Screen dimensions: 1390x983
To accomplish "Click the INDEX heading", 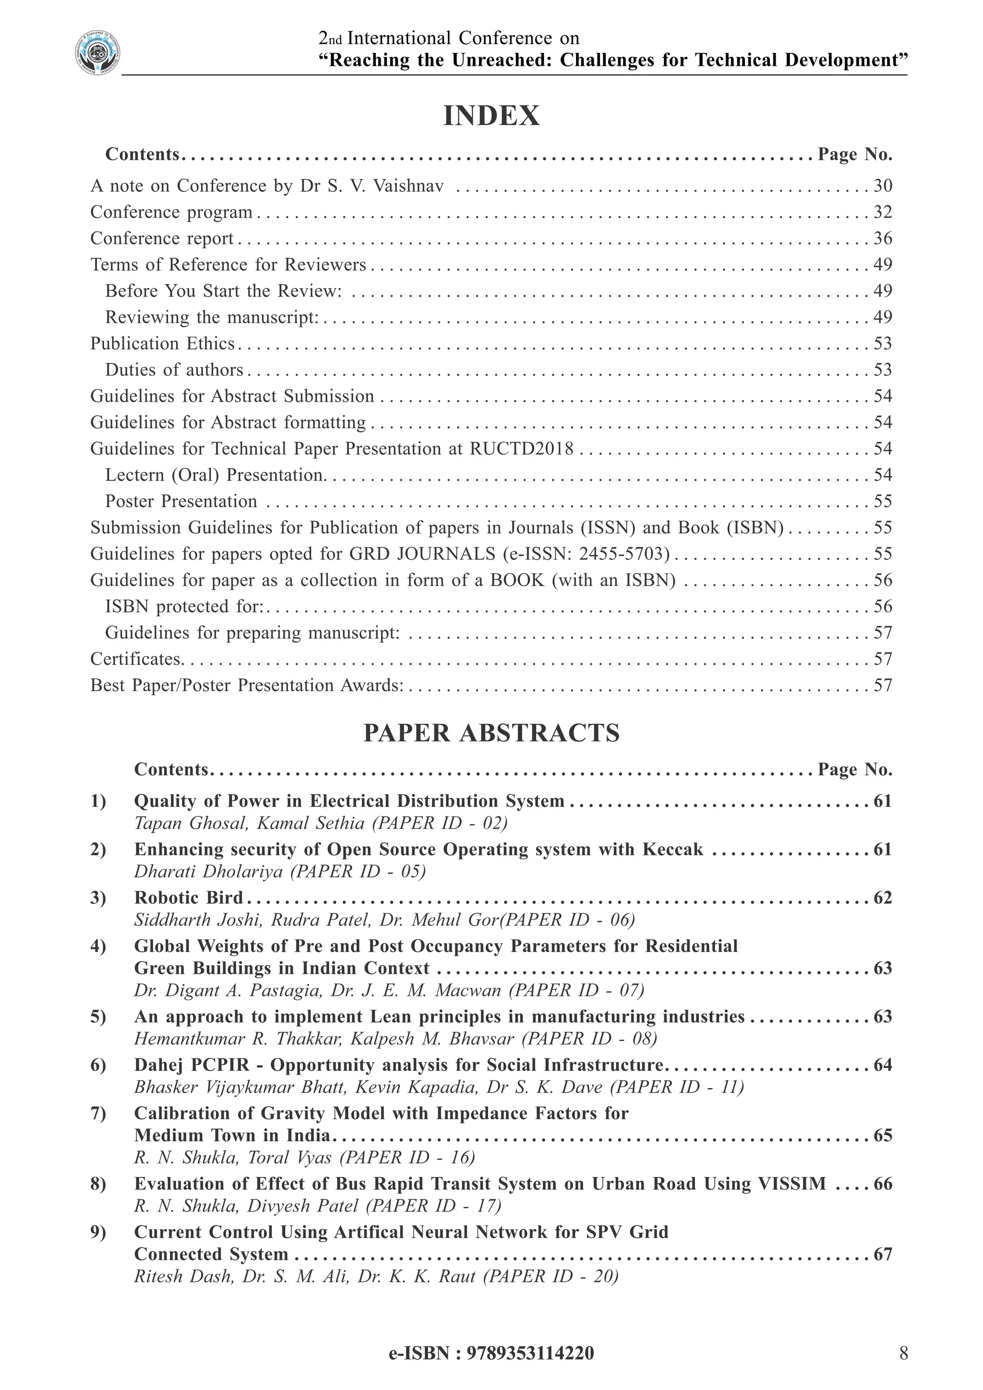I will (491, 116).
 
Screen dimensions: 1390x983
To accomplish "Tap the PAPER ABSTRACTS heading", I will (491, 732).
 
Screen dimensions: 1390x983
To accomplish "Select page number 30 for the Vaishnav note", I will (883, 186).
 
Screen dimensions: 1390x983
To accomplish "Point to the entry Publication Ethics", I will (162, 344).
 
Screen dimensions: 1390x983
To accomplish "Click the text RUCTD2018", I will (521, 449).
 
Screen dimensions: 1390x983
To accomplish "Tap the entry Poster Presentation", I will (181, 501).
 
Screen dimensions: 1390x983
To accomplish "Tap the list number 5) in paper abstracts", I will (98, 1017).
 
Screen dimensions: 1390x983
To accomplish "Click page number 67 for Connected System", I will (883, 1254).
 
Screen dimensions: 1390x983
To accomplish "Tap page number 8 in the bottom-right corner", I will (903, 1353).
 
